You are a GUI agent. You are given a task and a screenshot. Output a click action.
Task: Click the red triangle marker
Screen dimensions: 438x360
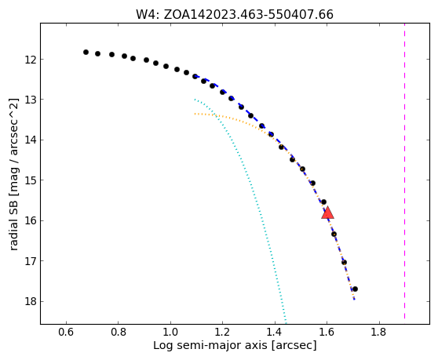(x=327, y=213)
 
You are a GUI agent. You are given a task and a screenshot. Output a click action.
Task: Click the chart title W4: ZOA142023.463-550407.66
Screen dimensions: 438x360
(x=235, y=15)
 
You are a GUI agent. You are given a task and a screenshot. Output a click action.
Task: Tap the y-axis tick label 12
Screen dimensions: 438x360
(x=31, y=60)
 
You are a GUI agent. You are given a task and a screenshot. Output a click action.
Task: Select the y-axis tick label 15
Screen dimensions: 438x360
(x=31, y=180)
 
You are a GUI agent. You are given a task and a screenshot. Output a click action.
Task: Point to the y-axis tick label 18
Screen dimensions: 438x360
(x=31, y=302)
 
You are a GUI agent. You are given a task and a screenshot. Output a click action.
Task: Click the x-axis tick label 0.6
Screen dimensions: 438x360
(x=66, y=333)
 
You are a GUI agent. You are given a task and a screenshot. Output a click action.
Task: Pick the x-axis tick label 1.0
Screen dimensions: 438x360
(x=170, y=333)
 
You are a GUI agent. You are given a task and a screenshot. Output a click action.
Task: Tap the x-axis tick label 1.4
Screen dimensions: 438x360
(x=275, y=333)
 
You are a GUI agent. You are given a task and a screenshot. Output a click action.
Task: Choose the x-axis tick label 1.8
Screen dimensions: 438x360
(x=379, y=333)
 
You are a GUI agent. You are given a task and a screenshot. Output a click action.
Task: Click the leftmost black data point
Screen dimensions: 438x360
(x=86, y=53)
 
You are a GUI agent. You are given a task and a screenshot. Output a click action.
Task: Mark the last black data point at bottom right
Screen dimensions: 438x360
(x=355, y=289)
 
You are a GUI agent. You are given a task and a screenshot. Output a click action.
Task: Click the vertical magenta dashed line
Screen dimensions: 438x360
(x=404, y=173)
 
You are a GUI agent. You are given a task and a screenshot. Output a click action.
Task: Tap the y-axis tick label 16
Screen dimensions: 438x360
(x=31, y=220)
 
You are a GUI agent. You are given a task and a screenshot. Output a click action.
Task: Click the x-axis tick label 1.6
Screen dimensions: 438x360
(x=327, y=333)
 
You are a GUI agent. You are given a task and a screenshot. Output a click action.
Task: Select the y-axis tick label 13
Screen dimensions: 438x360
(x=31, y=100)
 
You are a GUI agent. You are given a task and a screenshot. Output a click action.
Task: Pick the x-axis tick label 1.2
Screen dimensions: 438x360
(x=222, y=333)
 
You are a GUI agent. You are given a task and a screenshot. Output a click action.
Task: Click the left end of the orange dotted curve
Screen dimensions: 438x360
(x=195, y=114)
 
